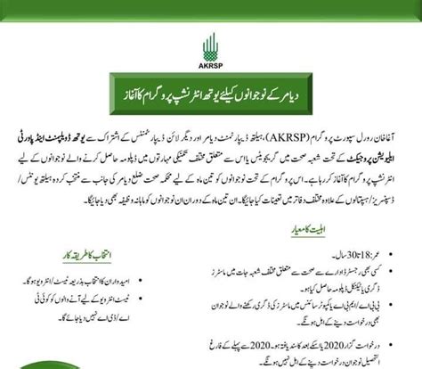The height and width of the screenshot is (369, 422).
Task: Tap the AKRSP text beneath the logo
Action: coord(210,63)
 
